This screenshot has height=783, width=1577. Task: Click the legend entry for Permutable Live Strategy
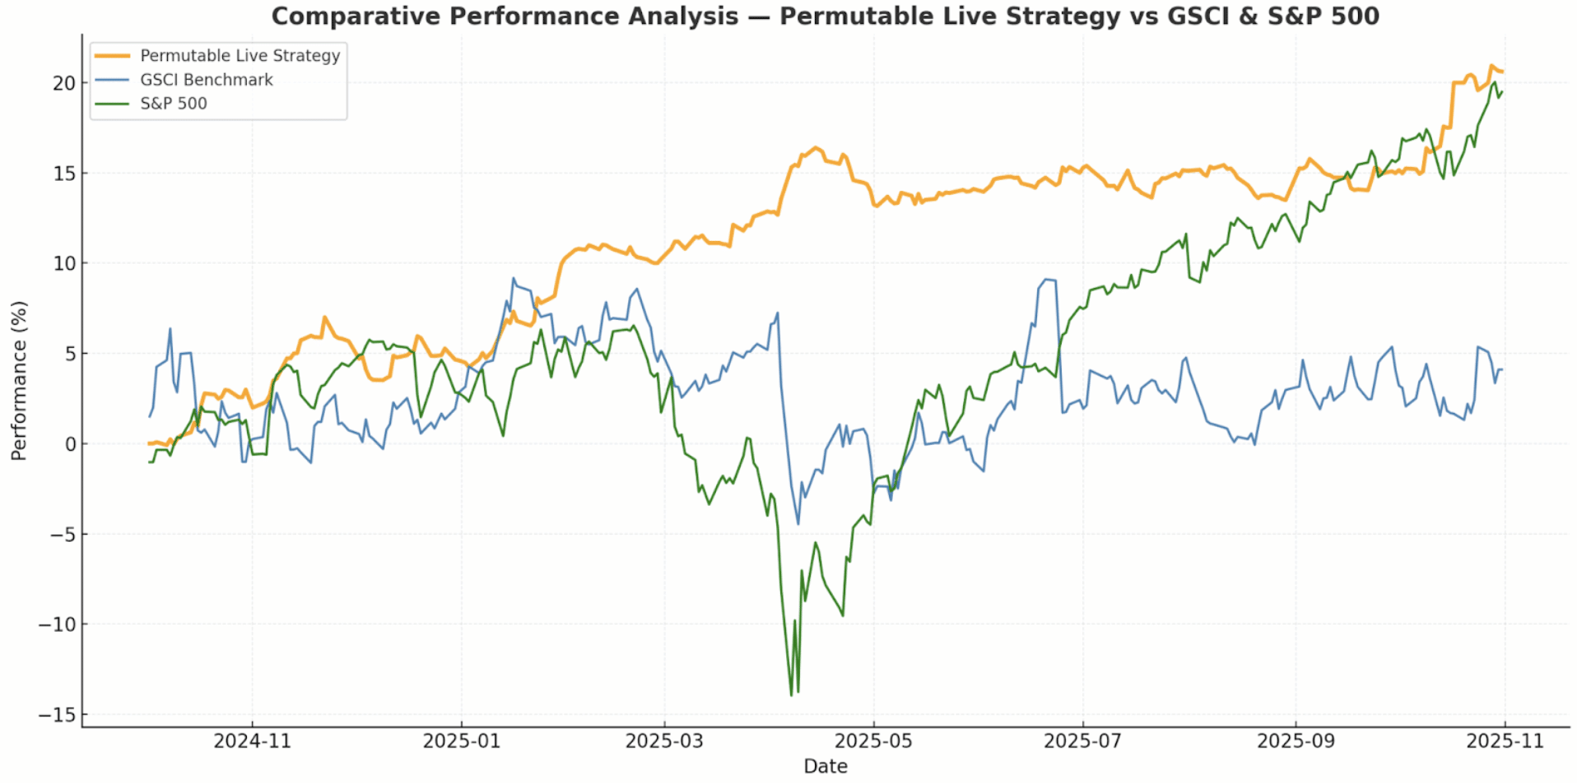click(240, 56)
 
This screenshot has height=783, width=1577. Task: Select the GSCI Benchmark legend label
click(207, 80)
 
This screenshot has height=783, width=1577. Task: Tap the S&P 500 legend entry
click(174, 104)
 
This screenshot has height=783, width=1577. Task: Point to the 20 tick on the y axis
click(64, 83)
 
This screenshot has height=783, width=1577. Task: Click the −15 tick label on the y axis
click(57, 715)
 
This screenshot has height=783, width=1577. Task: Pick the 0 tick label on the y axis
click(70, 444)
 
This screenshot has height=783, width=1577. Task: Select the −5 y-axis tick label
click(57, 535)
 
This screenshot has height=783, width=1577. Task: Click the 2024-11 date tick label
click(252, 741)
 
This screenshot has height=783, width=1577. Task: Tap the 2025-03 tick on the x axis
click(664, 741)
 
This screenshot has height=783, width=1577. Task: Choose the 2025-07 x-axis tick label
click(1082, 741)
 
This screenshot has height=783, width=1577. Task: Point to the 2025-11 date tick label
click(1505, 741)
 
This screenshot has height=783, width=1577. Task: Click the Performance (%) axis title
click(19, 381)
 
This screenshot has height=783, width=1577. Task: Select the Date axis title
click(826, 767)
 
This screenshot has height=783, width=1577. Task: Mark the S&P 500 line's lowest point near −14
click(792, 696)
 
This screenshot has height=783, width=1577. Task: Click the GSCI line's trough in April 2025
click(798, 524)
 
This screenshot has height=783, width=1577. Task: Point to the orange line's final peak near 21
click(1491, 66)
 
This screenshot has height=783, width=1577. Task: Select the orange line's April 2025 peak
click(816, 148)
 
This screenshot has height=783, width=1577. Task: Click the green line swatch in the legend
click(113, 104)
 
